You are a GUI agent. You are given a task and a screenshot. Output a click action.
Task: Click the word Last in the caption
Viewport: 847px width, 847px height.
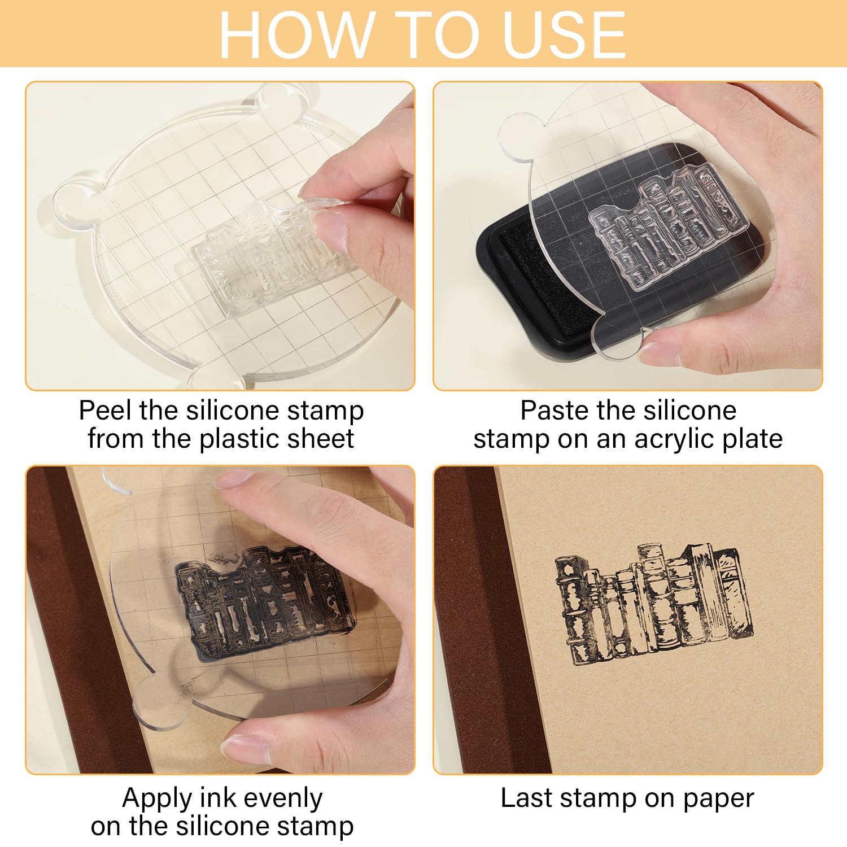[527, 798]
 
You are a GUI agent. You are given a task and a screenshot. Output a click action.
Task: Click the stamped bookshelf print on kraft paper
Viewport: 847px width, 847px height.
[654, 604]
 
